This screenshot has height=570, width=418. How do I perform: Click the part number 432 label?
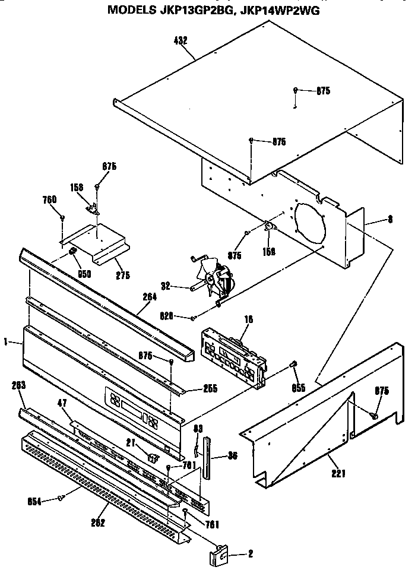(180, 40)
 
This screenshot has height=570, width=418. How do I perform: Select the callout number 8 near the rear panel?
(389, 219)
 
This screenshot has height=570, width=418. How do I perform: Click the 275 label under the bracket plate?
(123, 275)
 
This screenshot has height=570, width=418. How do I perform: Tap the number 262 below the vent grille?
(98, 522)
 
